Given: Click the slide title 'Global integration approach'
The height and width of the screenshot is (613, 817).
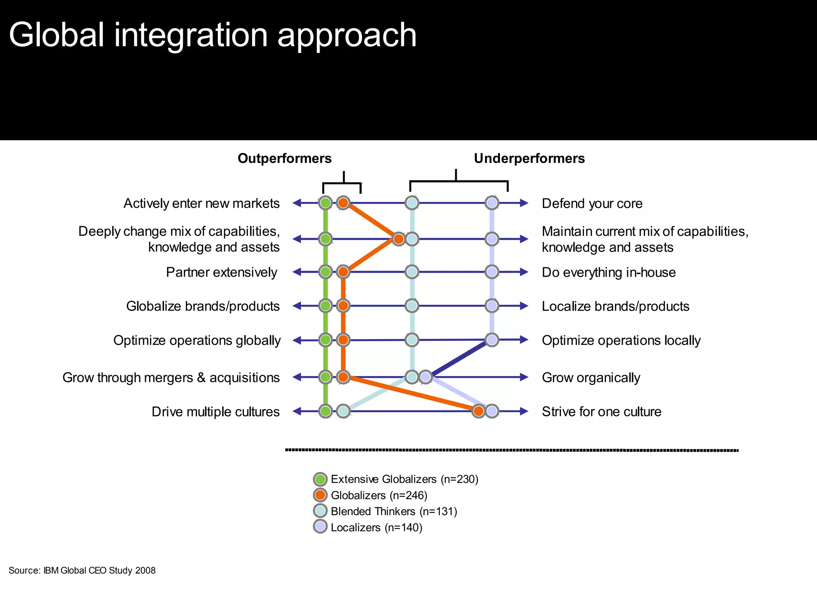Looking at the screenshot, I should click(213, 35).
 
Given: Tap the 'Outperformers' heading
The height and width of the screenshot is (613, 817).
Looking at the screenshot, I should click(284, 158).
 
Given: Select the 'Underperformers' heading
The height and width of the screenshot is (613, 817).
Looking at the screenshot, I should click(529, 158).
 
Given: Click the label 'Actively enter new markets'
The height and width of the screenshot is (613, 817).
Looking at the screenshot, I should click(201, 204).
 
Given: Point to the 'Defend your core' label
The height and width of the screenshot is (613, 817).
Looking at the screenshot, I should click(592, 204).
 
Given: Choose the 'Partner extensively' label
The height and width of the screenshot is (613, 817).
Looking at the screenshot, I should click(221, 272).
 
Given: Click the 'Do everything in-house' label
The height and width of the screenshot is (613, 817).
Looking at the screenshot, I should click(609, 272).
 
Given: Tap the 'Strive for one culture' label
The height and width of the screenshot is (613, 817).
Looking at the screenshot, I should click(602, 411).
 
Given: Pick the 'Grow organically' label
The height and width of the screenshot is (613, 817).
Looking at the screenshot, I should click(591, 378).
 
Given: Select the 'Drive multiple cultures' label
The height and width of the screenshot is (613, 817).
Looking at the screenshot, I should click(215, 411).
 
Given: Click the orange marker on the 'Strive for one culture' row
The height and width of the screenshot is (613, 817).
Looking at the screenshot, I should click(478, 411).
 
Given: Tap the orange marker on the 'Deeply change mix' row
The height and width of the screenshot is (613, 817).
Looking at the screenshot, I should click(398, 239).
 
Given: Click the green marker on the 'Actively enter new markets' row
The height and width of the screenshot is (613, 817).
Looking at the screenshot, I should click(326, 203).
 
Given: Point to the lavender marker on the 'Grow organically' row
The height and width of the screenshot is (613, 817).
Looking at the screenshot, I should click(426, 377).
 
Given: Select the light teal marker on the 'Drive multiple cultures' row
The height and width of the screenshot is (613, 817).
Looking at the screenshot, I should click(343, 411).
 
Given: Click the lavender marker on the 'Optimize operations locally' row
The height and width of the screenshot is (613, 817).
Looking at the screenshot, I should click(492, 340).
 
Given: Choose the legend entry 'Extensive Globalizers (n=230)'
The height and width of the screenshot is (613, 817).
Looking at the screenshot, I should click(404, 479).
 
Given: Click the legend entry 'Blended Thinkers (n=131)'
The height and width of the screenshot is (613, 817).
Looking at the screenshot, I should click(394, 511).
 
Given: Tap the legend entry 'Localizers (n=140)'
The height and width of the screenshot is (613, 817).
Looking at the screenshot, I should click(376, 528).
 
